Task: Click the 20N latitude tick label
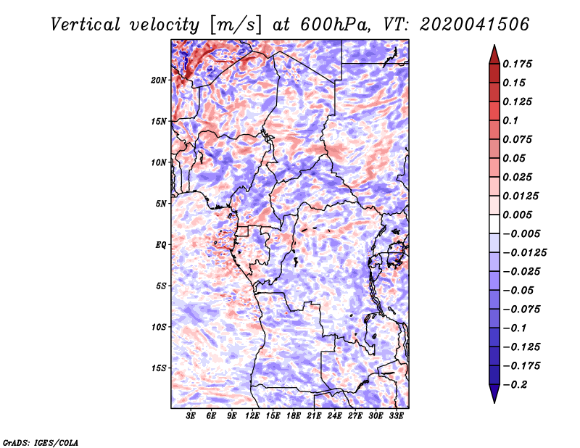159,80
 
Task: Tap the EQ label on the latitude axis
161,245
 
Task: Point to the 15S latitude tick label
159,368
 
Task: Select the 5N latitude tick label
161,204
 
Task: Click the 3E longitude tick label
191,416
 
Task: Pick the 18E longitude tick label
294,416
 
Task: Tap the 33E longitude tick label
396,416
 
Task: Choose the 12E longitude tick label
252,416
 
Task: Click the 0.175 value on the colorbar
517,64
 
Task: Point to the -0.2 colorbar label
515,385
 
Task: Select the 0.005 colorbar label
517,215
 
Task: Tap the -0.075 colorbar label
521,310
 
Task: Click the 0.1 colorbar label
510,120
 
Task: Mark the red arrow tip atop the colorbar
494,45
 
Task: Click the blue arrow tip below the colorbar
494,403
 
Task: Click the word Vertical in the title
86,25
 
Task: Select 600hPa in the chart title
335,25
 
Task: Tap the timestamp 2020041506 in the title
475,25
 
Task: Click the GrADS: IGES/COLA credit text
41,443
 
